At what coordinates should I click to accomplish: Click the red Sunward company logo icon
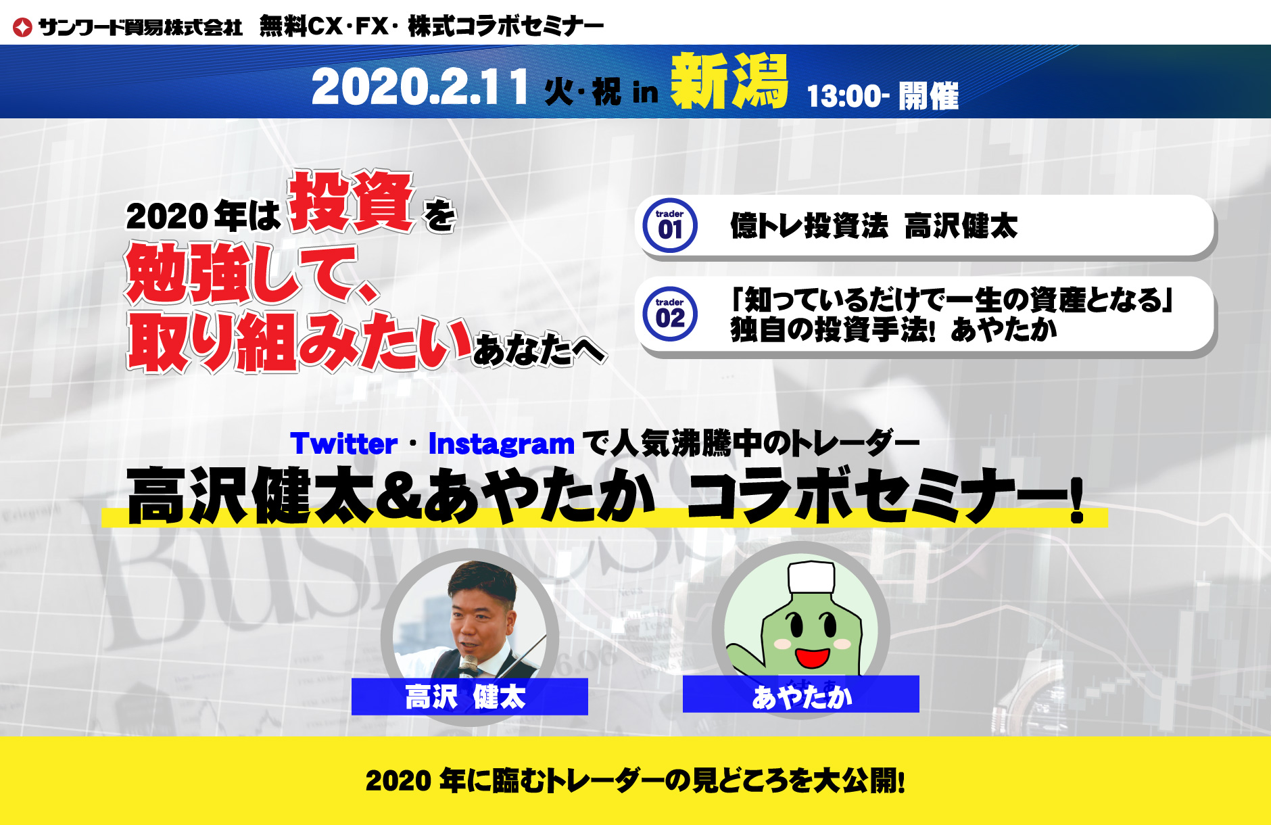coord(22,28)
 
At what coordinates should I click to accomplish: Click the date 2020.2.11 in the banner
coord(419,88)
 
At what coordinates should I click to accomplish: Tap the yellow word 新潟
coord(729,81)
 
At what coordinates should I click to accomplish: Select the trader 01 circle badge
coord(670,226)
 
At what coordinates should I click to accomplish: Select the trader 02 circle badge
coord(670,314)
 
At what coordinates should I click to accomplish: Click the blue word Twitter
coord(343,444)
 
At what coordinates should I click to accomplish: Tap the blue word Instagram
coord(502,444)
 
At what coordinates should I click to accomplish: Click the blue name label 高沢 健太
coord(470,697)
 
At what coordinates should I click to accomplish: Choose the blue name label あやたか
coord(801,694)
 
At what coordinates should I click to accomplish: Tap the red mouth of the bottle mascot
coord(812,657)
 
